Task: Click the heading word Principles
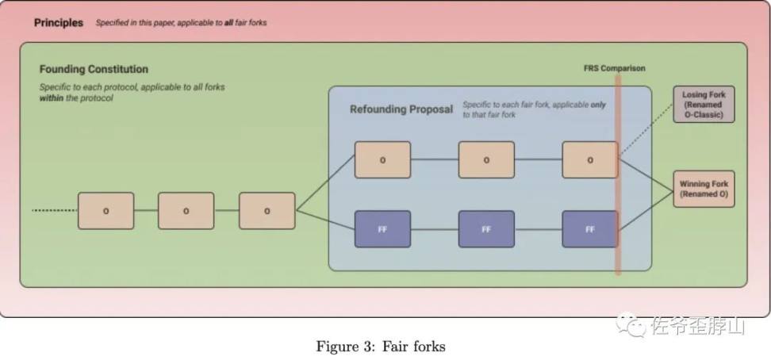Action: tap(59, 22)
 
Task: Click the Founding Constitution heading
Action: tap(94, 69)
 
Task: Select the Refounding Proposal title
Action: tap(401, 109)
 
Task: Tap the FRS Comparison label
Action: tap(614, 68)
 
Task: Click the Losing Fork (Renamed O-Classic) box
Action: tap(704, 105)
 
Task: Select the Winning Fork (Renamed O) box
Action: tap(704, 189)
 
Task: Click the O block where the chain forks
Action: tap(267, 211)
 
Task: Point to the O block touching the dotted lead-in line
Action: tap(105, 211)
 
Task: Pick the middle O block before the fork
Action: tap(186, 211)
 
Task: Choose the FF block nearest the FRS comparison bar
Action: tap(589, 229)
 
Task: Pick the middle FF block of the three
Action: tap(486, 229)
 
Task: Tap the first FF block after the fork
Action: tap(382, 229)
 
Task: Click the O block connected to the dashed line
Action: tap(589, 159)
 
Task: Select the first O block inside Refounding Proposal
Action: tap(382, 159)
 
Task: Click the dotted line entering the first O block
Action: tap(54, 210)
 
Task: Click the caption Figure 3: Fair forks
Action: tap(381, 346)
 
